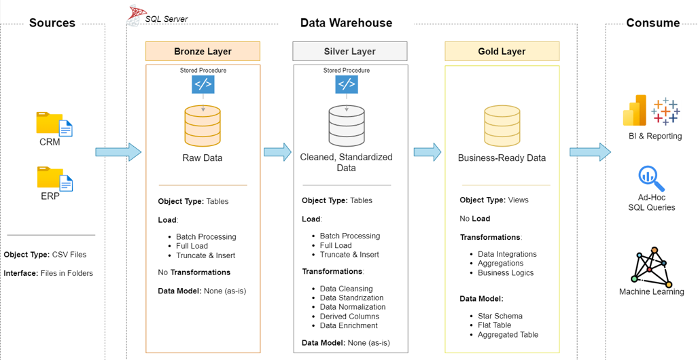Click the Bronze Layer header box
coord(203,52)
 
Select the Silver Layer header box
coord(349,52)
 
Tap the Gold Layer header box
coord(502,52)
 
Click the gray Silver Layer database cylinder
coord(347,127)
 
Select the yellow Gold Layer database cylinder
coord(502,126)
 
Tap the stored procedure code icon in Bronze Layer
coord(203,84)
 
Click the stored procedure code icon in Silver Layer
coord(347,84)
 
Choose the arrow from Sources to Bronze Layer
coord(118,151)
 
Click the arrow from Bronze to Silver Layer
coord(277,151)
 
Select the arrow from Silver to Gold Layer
coord(427,151)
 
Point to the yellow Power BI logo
coord(635,111)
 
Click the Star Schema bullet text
coord(500,316)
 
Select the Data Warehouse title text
coord(346,23)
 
